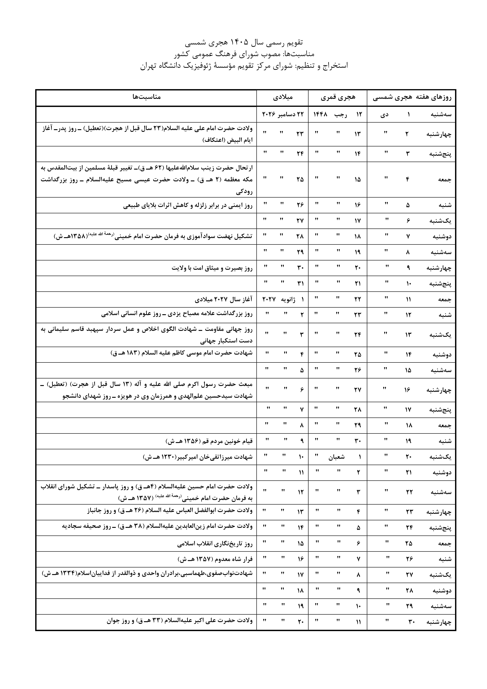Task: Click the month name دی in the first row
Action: (384, 114)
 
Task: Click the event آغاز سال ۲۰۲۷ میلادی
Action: (224, 299)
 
